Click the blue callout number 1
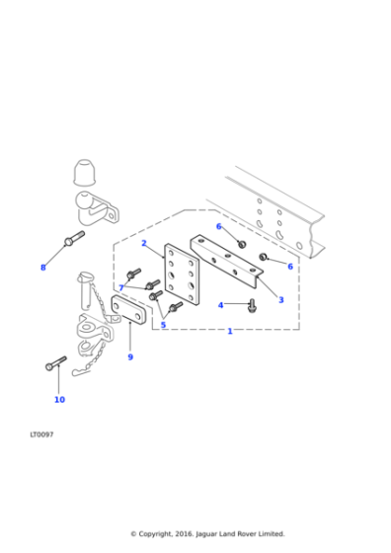(x=230, y=331)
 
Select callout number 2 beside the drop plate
(x=144, y=243)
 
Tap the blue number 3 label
(x=280, y=299)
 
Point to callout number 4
(x=220, y=305)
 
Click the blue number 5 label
(x=163, y=324)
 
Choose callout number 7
(x=121, y=287)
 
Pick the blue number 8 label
(x=42, y=267)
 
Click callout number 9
(x=129, y=356)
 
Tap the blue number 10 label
(x=59, y=399)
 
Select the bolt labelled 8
(x=74, y=238)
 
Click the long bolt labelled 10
(x=55, y=363)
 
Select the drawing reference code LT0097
(x=41, y=434)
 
